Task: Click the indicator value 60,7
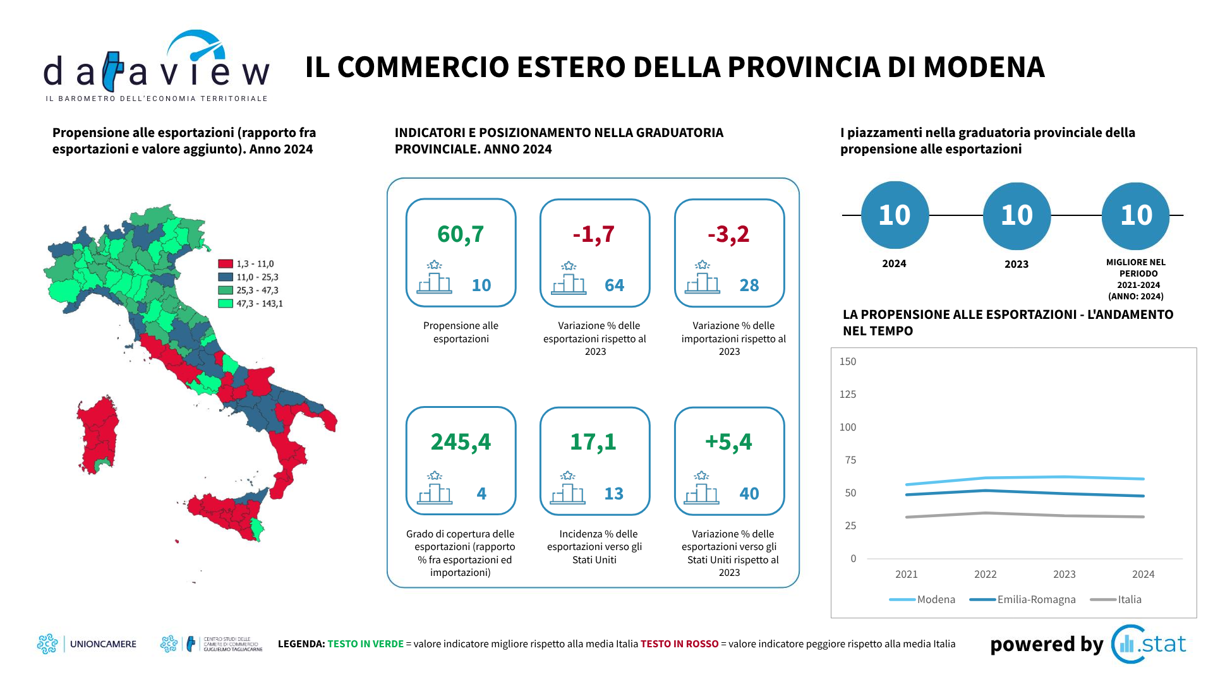tap(461, 234)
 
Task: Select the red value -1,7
tap(594, 234)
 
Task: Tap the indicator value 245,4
tap(461, 442)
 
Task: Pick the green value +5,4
tap(728, 442)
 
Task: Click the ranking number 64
tap(614, 285)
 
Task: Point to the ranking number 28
tap(749, 285)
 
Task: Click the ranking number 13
tap(613, 494)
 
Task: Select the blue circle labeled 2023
tap(1017, 216)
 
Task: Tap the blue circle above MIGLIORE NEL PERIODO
tap(1135, 216)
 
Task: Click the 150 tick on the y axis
tap(848, 362)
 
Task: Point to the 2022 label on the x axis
tap(985, 575)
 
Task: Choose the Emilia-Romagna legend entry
tap(1036, 600)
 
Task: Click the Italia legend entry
tap(1130, 600)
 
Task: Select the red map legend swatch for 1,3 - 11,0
tap(226, 264)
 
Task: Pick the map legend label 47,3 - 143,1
tap(260, 304)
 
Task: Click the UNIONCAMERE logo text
tap(103, 644)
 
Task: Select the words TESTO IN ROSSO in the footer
tap(680, 644)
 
